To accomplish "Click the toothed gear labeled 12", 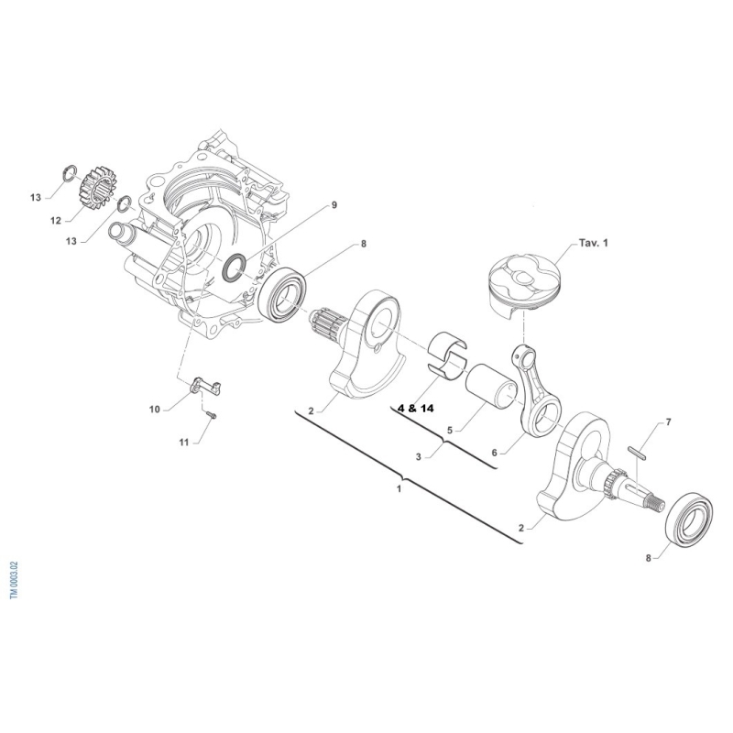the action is [x=100, y=188].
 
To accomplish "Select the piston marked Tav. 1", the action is [x=524, y=284].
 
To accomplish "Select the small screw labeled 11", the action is [x=210, y=414].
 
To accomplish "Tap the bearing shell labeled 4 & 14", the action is [x=447, y=354].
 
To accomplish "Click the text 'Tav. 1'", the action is [x=594, y=243].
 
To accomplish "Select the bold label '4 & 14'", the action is [x=415, y=408].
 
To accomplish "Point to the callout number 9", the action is [x=334, y=204].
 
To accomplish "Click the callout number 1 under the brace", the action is [x=399, y=489].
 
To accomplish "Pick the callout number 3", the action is [x=419, y=456].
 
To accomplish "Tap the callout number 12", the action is [x=56, y=221].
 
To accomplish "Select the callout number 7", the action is [x=669, y=422].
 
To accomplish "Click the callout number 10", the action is [x=154, y=410].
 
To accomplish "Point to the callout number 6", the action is [x=495, y=453].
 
